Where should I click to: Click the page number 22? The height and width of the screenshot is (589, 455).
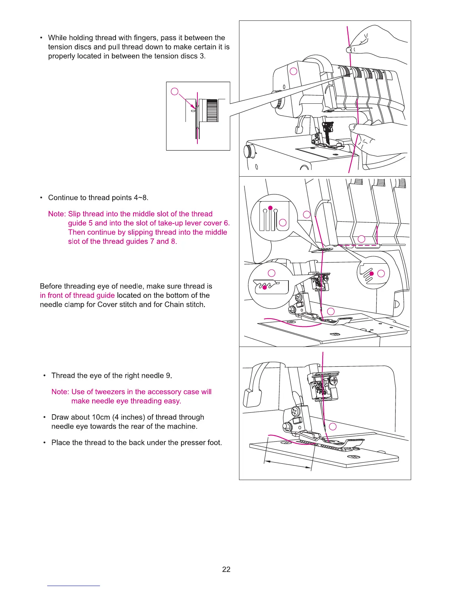(226, 569)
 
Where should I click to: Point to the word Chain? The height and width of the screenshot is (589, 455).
(174, 305)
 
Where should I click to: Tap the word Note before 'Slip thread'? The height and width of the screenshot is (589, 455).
(57, 214)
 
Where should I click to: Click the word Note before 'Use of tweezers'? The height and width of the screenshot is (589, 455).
(60, 392)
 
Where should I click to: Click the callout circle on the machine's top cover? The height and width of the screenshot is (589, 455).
(293, 71)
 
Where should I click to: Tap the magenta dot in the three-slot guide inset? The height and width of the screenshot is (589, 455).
(271, 207)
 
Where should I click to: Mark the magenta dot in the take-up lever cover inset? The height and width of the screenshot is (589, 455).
(371, 274)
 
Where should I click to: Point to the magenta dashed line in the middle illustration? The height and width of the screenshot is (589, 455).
(361, 246)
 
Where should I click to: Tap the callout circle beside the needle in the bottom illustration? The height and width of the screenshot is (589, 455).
(333, 427)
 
